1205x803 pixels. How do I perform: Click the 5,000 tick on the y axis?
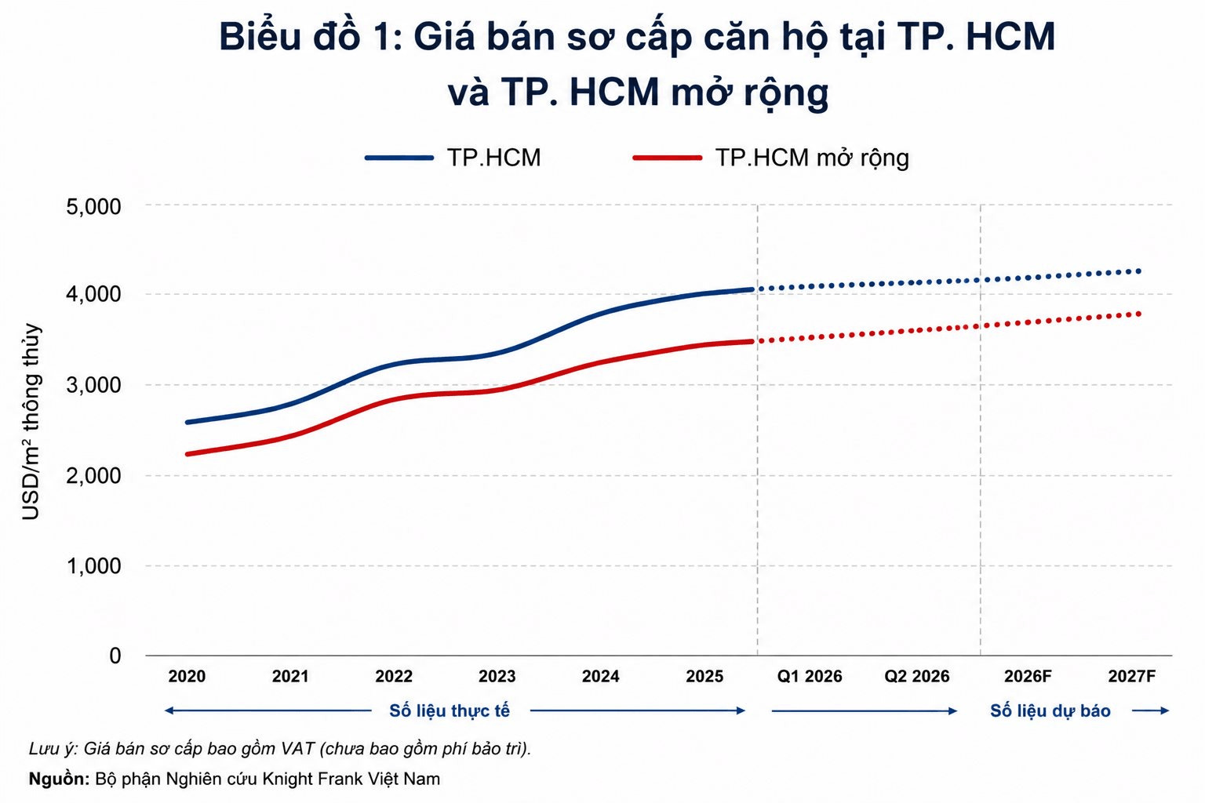coord(93,206)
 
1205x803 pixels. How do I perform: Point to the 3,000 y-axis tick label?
coord(93,385)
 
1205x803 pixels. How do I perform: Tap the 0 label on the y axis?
coord(115,656)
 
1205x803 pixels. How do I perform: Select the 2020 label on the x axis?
coord(187,676)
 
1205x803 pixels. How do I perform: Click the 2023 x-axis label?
coord(497,676)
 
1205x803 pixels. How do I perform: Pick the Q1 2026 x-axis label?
coord(810,676)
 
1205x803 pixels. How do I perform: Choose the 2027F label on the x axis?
coord(1132,676)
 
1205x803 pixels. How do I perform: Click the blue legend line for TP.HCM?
coord(399,158)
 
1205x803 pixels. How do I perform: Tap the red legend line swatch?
coord(668,158)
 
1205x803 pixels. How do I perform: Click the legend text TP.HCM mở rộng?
coord(812,158)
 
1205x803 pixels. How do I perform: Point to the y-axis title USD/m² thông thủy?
coord(31,422)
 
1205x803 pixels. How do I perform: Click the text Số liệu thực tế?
coord(450,711)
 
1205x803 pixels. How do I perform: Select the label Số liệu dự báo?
coord(1050,711)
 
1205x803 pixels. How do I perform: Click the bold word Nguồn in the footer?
coord(59,779)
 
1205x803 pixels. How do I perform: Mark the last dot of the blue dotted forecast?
coord(1138,271)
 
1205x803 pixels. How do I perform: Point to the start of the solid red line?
coord(187,454)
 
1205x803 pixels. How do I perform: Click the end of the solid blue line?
coord(752,289)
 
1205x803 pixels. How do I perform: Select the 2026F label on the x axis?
coord(1028,676)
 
